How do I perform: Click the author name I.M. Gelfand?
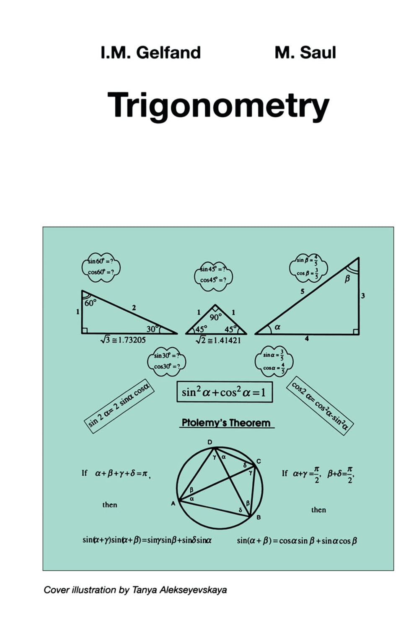pos(151,53)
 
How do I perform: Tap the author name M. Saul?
pos(305,53)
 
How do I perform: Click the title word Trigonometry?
pos(218,105)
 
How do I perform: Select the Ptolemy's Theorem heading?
pos(226,423)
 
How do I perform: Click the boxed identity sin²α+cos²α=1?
pos(224,392)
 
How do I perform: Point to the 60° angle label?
pos(90,303)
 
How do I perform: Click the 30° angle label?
pos(152,329)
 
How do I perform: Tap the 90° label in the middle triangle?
pos(215,317)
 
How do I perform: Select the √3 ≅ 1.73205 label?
pos(123,340)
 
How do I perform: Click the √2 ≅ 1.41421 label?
pos(218,340)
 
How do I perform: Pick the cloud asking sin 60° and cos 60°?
pos(101,266)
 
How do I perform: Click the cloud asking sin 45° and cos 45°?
pos(213,275)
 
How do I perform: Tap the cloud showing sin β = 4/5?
pos(308,267)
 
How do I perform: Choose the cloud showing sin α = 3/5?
pos(274,361)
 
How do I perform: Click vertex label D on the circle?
pos(210,442)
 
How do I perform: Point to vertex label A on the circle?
pos(173,504)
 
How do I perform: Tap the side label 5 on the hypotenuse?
pos(303,291)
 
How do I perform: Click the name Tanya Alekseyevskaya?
pos(179,590)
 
